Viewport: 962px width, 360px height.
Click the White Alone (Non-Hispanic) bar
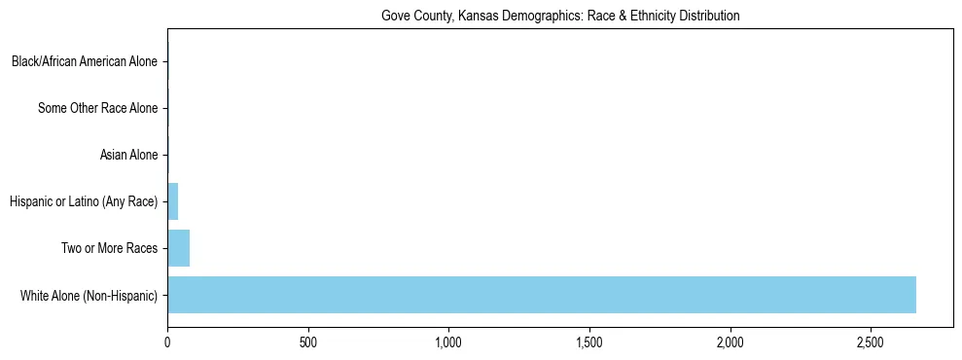click(x=542, y=295)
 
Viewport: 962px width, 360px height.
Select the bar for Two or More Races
click(x=179, y=248)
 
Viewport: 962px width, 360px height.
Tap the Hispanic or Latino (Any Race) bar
click(x=173, y=201)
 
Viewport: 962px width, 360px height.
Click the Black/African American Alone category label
click(x=85, y=62)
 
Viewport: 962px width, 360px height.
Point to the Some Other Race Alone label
click(x=97, y=108)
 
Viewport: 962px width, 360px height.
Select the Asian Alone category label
click(x=128, y=155)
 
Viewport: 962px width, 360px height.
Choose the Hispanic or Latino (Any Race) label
click(x=84, y=201)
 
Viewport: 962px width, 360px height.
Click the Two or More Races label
click(x=109, y=248)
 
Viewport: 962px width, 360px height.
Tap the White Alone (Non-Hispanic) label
click(x=89, y=295)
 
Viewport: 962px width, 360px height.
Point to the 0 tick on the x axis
click(x=167, y=343)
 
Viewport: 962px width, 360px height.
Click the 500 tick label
click(x=308, y=343)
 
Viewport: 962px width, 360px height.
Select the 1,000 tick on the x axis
click(x=448, y=343)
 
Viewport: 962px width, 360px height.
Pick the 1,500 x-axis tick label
click(x=589, y=343)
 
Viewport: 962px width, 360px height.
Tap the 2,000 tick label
click(x=730, y=343)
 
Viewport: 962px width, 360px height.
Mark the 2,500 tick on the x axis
click(x=871, y=343)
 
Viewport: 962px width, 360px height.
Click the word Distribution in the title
click(x=711, y=17)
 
